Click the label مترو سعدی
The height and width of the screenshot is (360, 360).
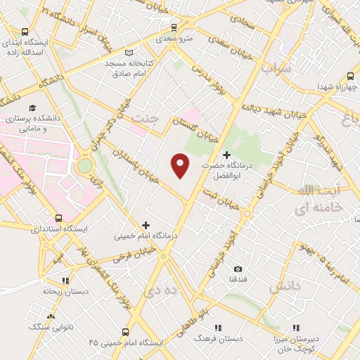point(175,40)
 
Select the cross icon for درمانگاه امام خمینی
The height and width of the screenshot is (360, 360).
point(146,226)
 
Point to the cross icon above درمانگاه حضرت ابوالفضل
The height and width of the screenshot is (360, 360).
point(226,155)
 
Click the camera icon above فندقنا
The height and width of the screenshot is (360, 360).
point(238,269)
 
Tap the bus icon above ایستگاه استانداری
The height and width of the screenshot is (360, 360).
point(60,218)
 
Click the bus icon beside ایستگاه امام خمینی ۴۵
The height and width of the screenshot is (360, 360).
point(125,332)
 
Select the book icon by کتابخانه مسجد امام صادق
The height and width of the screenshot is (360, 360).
point(128,52)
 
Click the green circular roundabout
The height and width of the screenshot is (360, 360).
point(85,166)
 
